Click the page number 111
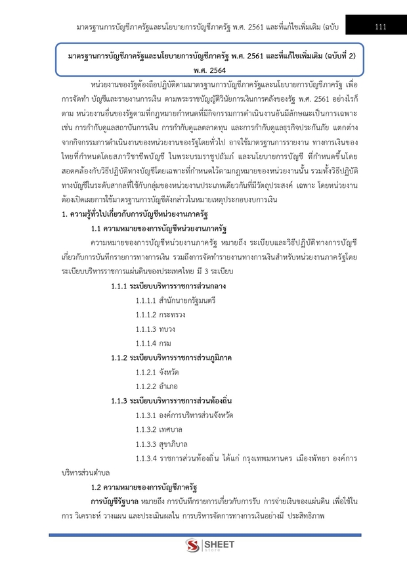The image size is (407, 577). [379, 26]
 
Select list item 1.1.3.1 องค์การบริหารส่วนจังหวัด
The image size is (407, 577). [184, 415]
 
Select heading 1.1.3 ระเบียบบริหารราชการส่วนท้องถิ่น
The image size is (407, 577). [173, 400]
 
